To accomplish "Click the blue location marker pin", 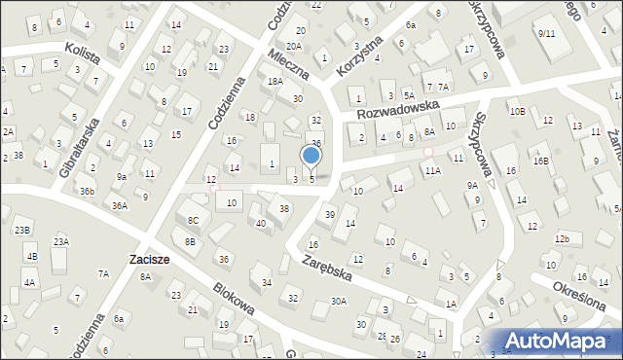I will click(x=311, y=156).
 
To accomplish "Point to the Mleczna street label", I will click(x=289, y=64).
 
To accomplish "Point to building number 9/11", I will click(x=546, y=33).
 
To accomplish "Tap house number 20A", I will click(x=294, y=46).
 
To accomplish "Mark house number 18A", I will click(x=275, y=82).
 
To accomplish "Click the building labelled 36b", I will click(x=88, y=191).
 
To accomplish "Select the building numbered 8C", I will click(x=193, y=221).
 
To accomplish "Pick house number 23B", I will click(x=22, y=230).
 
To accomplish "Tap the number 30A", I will click(x=338, y=302).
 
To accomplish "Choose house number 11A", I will click(x=432, y=170).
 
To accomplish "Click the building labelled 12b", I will click(x=562, y=238).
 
